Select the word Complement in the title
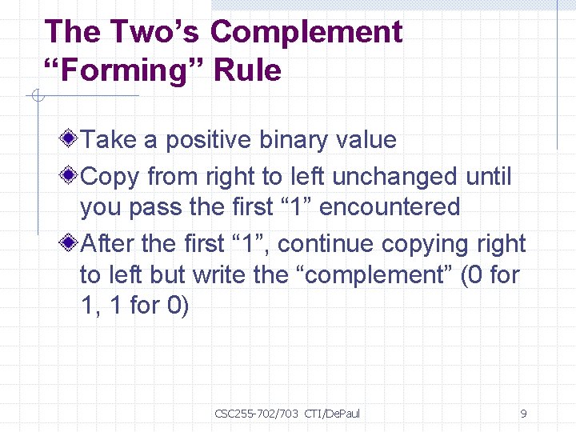point(306,33)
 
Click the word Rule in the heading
point(250,70)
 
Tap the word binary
point(293,140)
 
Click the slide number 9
point(523,414)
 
